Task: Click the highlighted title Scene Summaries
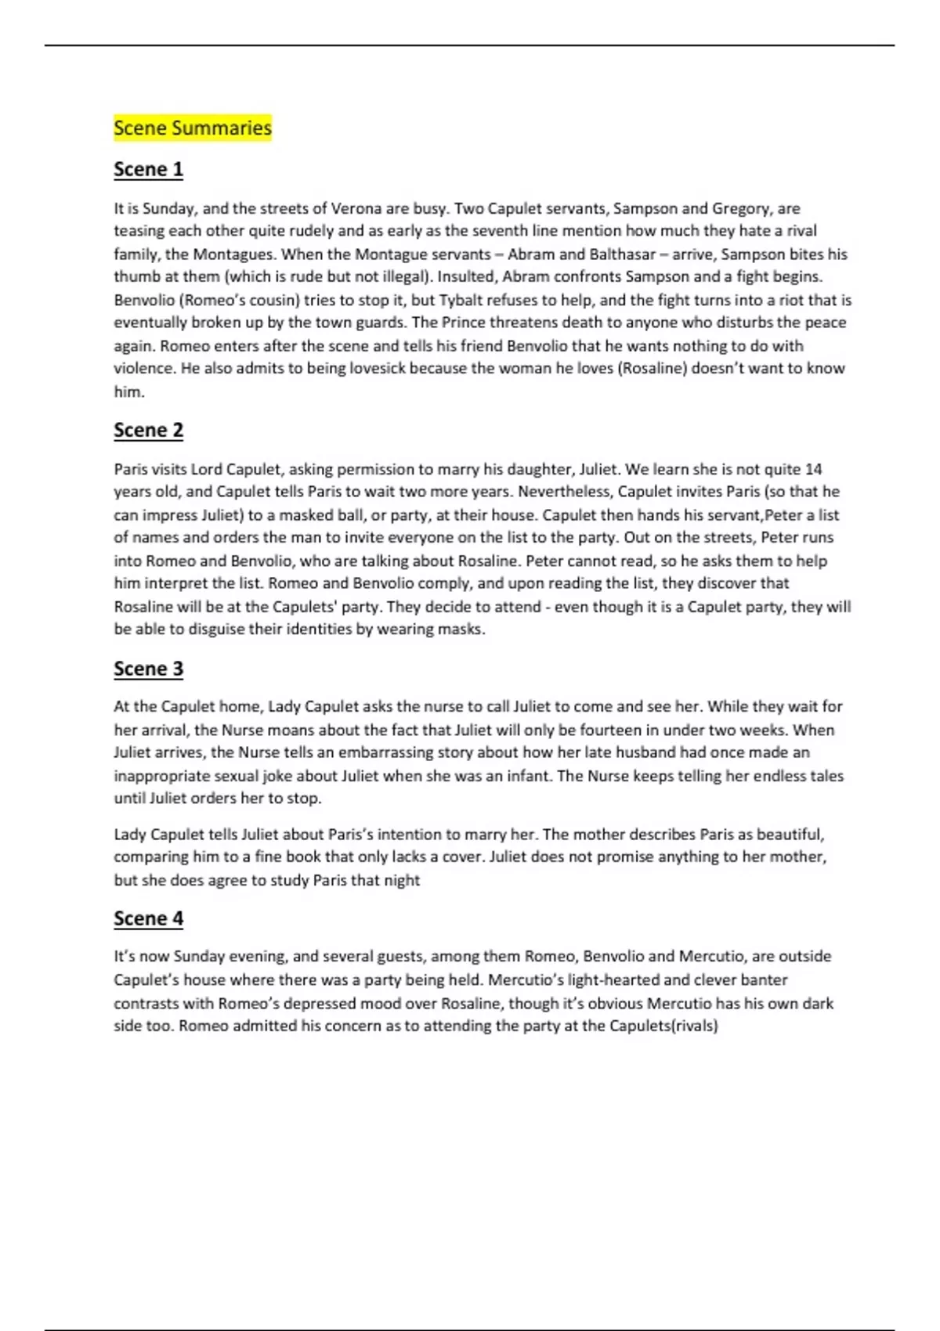click(x=193, y=128)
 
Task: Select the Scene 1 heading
click(x=148, y=169)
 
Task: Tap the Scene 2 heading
click(x=148, y=430)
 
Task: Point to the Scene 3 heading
click(x=148, y=669)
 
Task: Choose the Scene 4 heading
click(x=148, y=918)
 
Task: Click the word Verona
click(x=356, y=208)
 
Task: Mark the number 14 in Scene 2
click(x=813, y=469)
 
